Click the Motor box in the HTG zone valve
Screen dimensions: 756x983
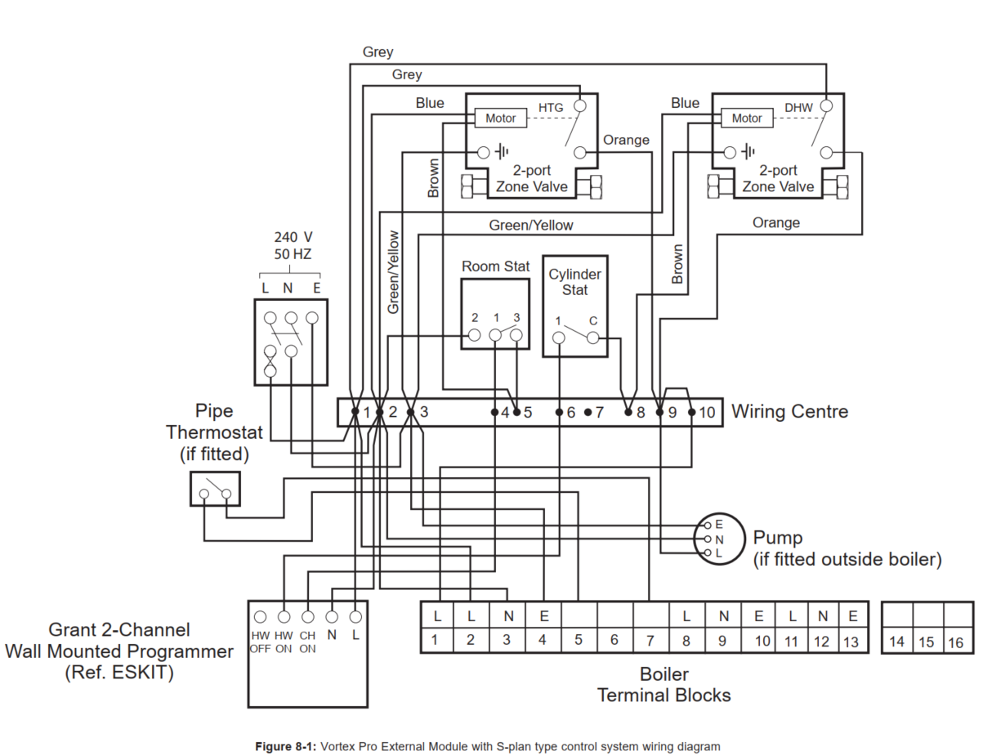tap(501, 119)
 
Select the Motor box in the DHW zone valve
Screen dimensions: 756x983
tap(747, 119)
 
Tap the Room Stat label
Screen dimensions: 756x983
tap(495, 266)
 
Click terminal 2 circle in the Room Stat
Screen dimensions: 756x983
tap(474, 334)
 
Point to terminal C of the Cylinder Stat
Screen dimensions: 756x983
tap(593, 337)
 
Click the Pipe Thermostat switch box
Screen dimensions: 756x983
tap(215, 489)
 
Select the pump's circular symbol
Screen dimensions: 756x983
tap(720, 539)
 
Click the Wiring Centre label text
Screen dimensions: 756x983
tap(789, 411)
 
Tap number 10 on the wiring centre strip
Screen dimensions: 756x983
tap(707, 413)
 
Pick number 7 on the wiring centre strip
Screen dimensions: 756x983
tap(599, 413)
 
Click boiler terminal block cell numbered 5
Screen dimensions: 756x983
tap(579, 641)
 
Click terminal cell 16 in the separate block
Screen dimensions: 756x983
tap(956, 642)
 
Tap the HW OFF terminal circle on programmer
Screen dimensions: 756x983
tap(261, 617)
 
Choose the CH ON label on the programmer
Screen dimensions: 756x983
tap(307, 642)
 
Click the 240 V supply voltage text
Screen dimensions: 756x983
tap(292, 237)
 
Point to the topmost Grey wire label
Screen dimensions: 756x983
tap(378, 52)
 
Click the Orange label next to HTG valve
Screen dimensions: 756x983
tap(626, 140)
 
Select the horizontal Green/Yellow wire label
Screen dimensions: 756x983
tap(531, 225)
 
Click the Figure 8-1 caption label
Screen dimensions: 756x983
tap(286, 746)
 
